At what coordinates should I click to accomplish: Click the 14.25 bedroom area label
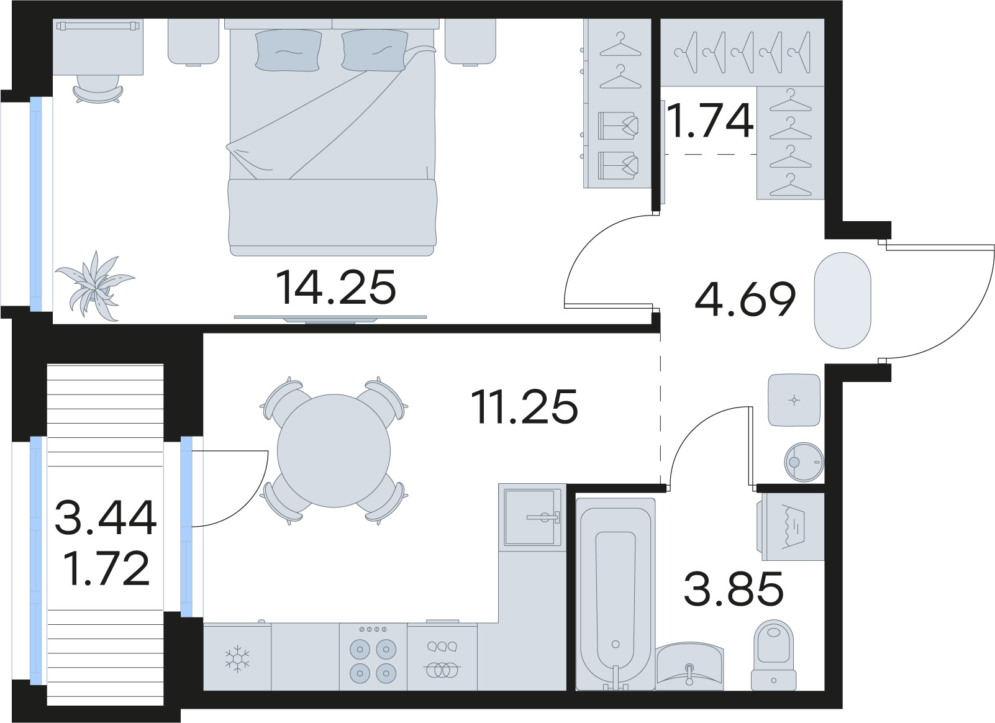(x=335, y=288)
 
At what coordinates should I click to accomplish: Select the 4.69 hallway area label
(x=745, y=299)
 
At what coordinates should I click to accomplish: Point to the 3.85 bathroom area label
(x=734, y=588)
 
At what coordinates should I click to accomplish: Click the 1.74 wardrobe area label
(x=710, y=120)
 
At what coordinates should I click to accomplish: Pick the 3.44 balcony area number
(x=106, y=517)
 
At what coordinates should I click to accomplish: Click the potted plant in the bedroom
(x=95, y=285)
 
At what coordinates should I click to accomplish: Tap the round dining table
(x=334, y=451)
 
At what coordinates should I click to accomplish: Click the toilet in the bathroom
(x=773, y=655)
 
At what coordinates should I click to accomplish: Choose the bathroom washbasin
(x=689, y=666)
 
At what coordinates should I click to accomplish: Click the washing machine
(x=791, y=527)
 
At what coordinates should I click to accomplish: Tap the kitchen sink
(x=532, y=517)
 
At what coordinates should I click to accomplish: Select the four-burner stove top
(x=373, y=658)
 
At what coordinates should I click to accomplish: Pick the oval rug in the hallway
(x=842, y=300)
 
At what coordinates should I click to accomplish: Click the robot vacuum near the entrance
(x=804, y=462)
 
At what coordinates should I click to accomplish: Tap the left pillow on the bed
(x=288, y=50)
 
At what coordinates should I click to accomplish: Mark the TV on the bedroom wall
(x=330, y=319)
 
